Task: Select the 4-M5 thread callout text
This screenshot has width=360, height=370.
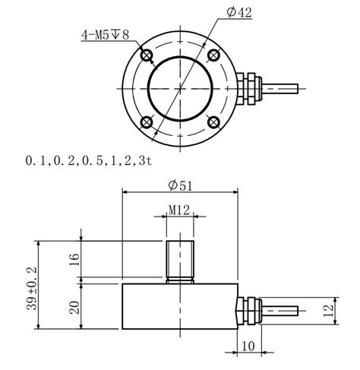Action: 107,34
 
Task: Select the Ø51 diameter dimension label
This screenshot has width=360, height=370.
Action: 181,185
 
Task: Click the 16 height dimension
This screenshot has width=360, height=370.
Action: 74,259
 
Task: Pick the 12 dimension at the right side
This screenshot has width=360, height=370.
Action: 327,311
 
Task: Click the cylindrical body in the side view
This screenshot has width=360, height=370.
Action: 179,305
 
